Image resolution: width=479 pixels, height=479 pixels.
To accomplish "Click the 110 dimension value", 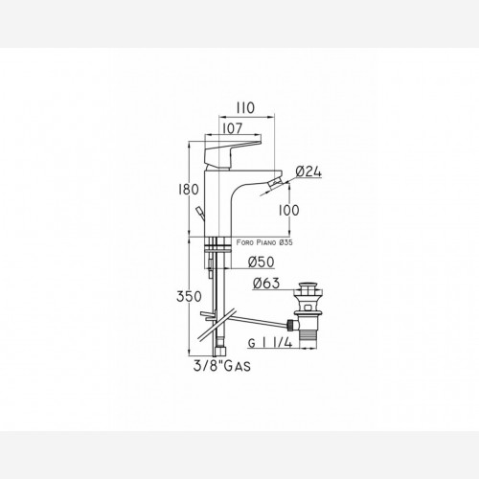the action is pyautogui.click(x=245, y=108).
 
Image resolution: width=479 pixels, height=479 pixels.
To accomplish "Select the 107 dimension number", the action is pyautogui.click(x=232, y=128).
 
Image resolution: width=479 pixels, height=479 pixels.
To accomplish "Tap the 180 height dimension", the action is pyautogui.click(x=189, y=190).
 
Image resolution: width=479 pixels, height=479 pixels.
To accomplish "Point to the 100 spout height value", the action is pyautogui.click(x=289, y=210).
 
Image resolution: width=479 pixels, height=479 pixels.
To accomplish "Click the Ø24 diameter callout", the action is pyautogui.click(x=308, y=171).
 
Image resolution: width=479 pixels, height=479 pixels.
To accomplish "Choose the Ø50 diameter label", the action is pyautogui.click(x=261, y=262).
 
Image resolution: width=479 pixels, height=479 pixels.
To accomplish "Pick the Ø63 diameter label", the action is pyautogui.click(x=266, y=283).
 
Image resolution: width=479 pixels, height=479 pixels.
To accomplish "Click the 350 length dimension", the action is pyautogui.click(x=189, y=297).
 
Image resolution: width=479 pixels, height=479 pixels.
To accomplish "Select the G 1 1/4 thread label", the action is pyautogui.click(x=270, y=343).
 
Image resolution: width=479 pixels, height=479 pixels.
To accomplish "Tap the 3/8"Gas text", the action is pyautogui.click(x=222, y=366).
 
